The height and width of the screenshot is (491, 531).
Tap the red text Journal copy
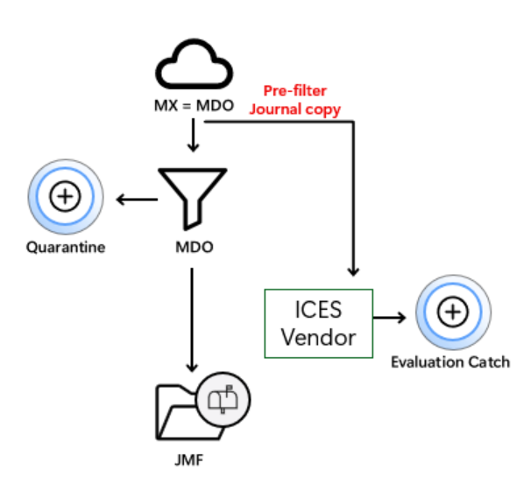click(x=296, y=109)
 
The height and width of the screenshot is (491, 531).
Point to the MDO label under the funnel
click(x=194, y=247)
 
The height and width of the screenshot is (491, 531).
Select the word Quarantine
click(x=65, y=247)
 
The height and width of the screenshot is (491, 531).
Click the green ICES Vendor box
click(x=319, y=323)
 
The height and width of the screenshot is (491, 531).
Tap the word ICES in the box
click(x=319, y=310)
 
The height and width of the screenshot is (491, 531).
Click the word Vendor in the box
click(x=319, y=337)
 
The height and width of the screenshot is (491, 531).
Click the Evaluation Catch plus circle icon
click(x=451, y=311)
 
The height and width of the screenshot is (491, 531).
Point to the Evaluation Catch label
click(x=450, y=361)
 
